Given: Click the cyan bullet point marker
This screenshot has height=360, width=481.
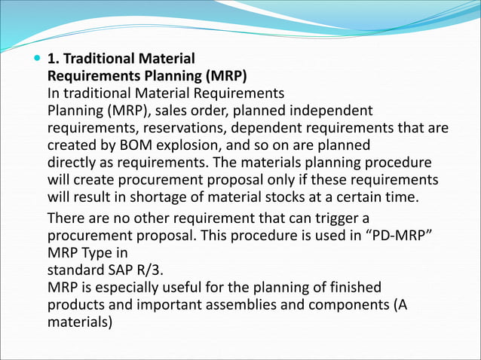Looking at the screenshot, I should point(37,59).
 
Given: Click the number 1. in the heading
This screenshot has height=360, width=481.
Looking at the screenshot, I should point(54,59).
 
